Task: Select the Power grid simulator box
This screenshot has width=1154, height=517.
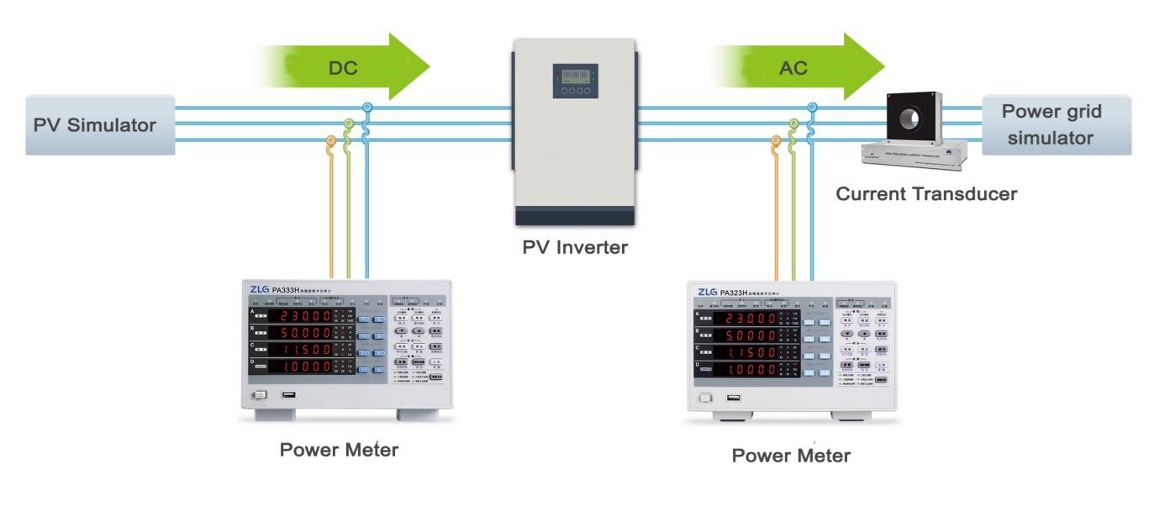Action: (x=1056, y=124)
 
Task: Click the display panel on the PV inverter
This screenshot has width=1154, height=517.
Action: (x=575, y=81)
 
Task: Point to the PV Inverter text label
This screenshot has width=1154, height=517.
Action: (x=575, y=247)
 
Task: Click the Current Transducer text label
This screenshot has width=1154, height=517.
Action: (x=926, y=194)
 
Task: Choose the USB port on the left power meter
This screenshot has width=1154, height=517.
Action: (x=289, y=394)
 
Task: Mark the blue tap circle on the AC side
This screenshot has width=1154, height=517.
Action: (x=812, y=107)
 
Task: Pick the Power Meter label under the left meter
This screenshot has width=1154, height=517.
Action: (x=339, y=450)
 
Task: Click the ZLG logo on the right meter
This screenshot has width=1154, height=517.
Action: (x=707, y=292)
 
